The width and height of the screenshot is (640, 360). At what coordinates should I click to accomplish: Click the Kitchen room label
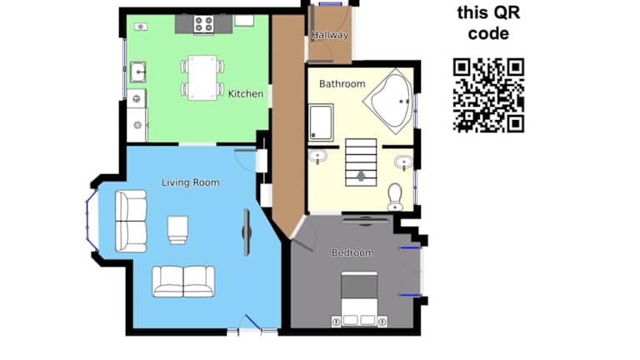coord(245,94)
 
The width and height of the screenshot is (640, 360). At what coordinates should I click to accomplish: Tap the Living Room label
coord(191,182)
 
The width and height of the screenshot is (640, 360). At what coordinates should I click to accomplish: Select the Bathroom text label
coord(342,83)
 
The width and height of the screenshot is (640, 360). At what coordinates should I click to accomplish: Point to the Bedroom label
coord(352,252)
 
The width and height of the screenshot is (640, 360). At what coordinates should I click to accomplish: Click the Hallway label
coord(330,35)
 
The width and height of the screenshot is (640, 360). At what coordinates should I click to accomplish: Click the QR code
coord(488,96)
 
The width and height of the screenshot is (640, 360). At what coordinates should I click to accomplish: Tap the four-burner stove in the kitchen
coord(203,23)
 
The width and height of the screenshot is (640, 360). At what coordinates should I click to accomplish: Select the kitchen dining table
coord(202,77)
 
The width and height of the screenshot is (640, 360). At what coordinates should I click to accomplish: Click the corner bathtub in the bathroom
coord(388,101)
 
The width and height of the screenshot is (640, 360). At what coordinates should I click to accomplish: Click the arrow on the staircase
coord(361,176)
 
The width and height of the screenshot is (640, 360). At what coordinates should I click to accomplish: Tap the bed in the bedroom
coord(359,299)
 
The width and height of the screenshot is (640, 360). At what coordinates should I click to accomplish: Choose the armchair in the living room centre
coord(177,230)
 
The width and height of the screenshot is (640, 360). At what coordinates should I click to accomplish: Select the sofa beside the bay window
coord(131,221)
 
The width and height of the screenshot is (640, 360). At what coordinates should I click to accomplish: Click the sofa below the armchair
coord(183,281)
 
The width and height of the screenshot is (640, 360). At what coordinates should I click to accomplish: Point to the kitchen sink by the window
coord(138,72)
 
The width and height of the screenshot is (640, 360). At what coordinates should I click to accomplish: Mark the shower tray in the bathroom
coord(321,122)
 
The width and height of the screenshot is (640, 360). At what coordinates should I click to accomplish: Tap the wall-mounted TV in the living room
coord(247,232)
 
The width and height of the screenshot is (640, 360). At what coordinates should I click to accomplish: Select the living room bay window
coord(90,220)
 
